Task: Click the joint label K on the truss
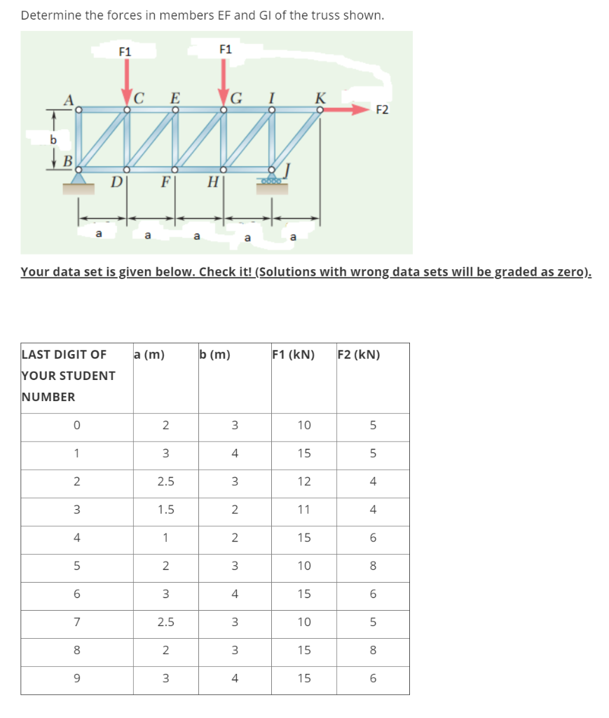coord(320,96)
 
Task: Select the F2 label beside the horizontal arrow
coord(383,109)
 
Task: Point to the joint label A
coord(69,100)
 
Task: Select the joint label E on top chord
coord(175,97)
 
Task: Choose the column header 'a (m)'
coord(149,354)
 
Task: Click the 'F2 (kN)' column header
coord(359,354)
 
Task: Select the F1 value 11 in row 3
coord(304,510)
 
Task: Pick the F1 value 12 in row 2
coord(304,482)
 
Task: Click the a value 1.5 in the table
coord(165,510)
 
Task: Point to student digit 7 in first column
coord(76,622)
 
